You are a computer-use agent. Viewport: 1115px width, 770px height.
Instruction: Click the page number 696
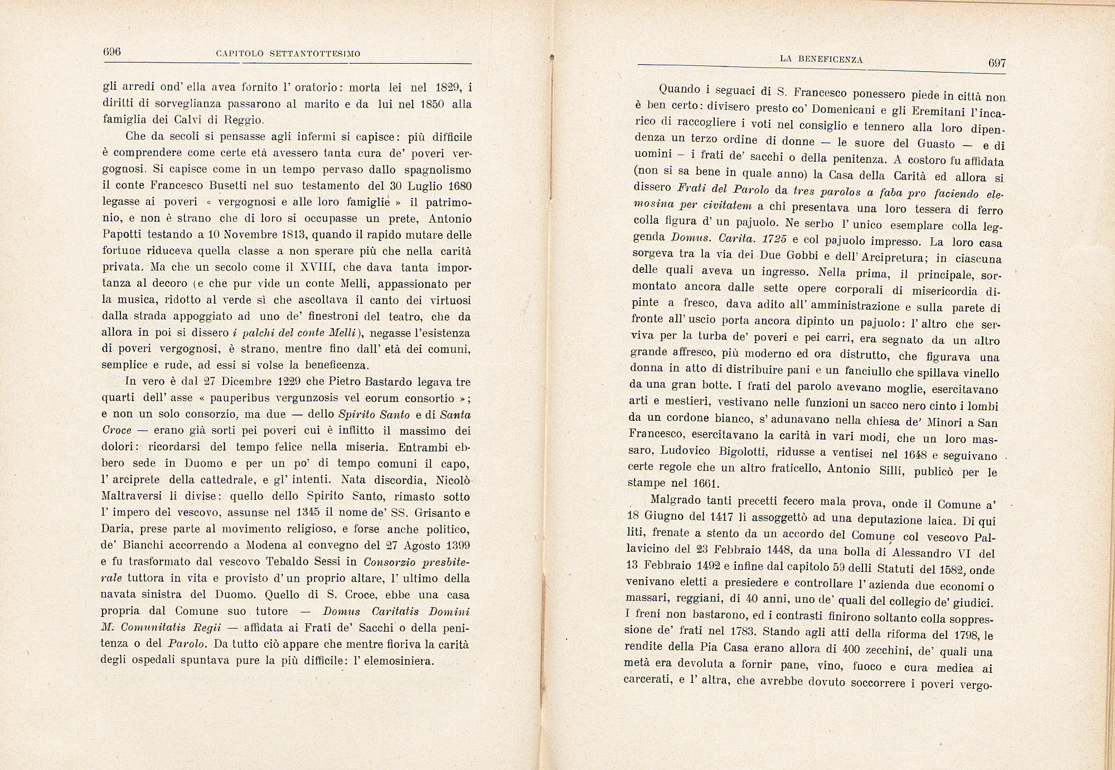coord(112,52)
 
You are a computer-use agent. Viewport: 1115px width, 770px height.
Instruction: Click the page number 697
coord(997,63)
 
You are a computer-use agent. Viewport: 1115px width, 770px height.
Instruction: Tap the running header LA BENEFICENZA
coord(821,59)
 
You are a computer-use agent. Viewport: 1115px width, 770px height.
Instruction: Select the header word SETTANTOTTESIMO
coord(315,54)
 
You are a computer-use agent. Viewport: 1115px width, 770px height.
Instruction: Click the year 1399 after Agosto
coord(455,545)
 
